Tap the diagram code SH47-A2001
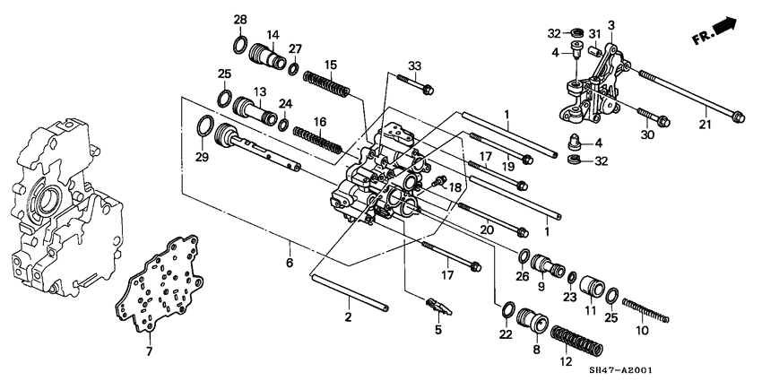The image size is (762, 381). coord(620,370)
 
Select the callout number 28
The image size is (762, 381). coord(240,20)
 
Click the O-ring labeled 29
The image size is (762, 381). coord(204,126)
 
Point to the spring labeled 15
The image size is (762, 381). coord(326,84)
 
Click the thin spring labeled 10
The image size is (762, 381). coord(645,310)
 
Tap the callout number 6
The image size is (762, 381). coord(290,264)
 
